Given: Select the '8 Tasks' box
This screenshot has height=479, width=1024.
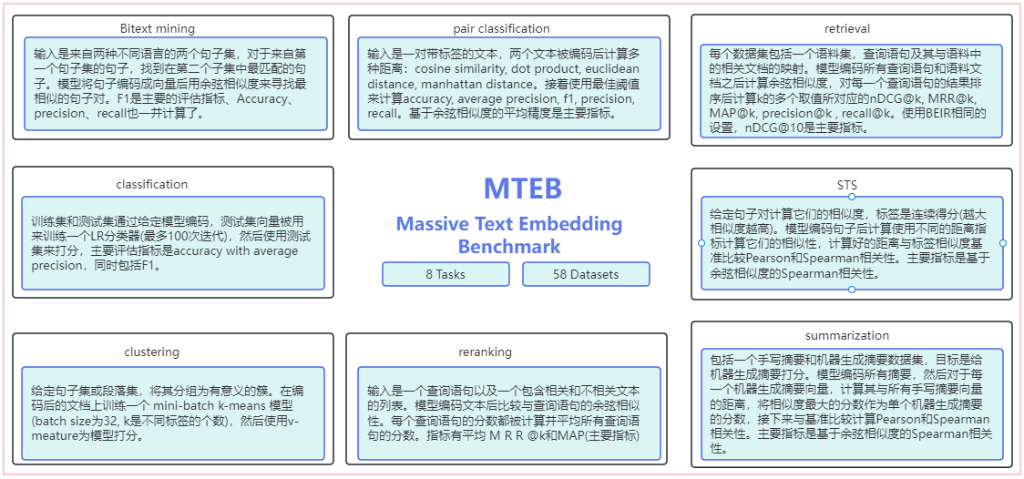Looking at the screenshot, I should tap(445, 274).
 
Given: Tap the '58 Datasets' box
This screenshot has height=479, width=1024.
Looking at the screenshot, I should tap(586, 274).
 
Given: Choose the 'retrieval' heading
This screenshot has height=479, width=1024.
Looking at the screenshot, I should tap(847, 29).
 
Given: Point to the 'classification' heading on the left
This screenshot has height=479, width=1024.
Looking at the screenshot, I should tap(152, 184).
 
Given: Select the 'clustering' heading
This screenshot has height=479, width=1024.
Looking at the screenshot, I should tap(152, 352).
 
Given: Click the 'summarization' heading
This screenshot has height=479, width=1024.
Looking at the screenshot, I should tap(847, 336).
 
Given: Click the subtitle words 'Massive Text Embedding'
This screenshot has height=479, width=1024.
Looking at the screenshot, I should tap(509, 224).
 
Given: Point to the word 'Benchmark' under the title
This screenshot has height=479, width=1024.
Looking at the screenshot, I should tap(509, 247).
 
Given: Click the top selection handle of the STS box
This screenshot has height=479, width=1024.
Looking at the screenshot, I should tap(852, 197).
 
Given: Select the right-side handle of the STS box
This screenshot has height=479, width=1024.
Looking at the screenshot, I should tap(1003, 243).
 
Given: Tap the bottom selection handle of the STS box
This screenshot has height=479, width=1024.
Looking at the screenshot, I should tap(852, 290).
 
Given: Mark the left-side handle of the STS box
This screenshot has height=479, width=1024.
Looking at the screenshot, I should tap(701, 243).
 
